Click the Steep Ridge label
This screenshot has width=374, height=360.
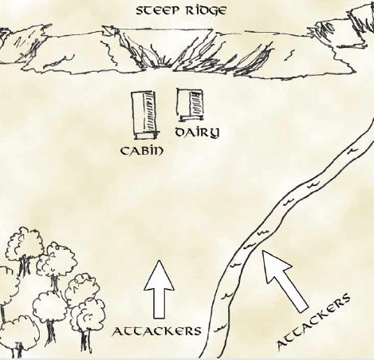pos(182,11)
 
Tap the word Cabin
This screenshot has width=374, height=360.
pos(142,151)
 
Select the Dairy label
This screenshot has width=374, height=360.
pos(198,133)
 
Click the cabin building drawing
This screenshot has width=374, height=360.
pos(144,115)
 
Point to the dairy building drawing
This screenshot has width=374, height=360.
pos(191,105)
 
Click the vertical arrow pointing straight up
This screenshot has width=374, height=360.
pos(159,289)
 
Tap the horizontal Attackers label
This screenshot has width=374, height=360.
pos(156,331)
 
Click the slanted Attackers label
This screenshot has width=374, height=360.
pos(313,321)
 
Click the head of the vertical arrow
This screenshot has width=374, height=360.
pos(159,275)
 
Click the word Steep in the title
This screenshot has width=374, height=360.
pos(157,11)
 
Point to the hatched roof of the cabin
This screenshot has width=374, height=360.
pos(150,111)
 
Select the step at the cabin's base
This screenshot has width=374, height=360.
pos(147,136)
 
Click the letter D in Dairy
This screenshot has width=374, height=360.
pos(181,133)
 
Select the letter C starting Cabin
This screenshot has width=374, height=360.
pos(125,151)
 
